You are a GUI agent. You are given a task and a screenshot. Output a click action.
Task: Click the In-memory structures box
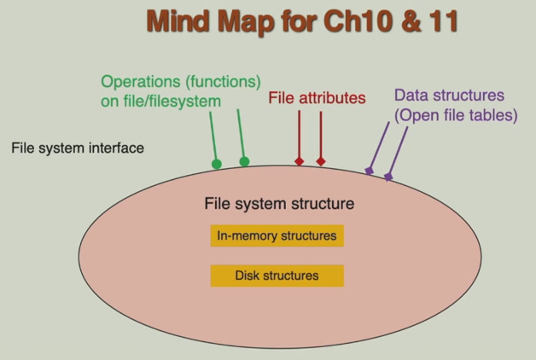coord(277,236)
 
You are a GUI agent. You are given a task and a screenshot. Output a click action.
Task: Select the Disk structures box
coord(277,276)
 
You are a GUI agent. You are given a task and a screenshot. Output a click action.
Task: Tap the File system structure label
coord(279,205)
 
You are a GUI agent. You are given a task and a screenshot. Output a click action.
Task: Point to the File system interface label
coord(78,148)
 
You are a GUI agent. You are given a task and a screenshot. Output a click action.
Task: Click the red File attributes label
coord(317,98)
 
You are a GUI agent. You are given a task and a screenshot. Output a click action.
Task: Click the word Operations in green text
coord(138,82)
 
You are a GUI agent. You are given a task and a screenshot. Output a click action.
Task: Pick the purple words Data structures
coord(449,95)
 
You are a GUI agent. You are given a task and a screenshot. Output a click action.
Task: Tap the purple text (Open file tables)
coord(456,114)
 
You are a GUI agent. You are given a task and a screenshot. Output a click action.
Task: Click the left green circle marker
coord(217,164)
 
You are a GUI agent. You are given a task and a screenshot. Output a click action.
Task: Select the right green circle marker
coord(244,161)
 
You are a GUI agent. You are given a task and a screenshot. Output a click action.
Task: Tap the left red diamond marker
coord(299,161)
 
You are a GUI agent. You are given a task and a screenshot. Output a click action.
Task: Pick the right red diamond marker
coord(321,161)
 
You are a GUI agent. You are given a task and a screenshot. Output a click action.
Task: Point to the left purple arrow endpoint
coord(369,171)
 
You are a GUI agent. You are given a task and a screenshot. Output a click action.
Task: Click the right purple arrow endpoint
coord(388,177)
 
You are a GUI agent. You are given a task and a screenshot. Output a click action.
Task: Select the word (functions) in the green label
coord(218,82)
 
